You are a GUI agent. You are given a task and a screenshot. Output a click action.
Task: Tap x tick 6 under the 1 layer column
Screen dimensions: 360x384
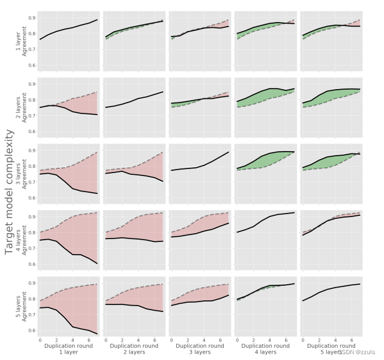[x=89, y=340]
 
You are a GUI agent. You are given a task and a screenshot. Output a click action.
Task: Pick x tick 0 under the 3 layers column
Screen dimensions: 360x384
[x=172, y=340]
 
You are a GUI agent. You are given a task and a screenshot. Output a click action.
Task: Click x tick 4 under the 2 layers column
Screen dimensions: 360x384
[x=139, y=340]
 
